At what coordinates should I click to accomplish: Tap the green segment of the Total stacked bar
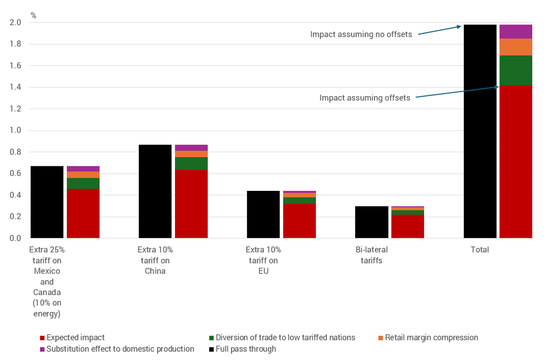(516, 70)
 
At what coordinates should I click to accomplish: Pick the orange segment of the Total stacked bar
(516, 47)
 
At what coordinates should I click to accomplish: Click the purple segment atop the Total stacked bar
(516, 31)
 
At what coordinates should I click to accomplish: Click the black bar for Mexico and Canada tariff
(47, 202)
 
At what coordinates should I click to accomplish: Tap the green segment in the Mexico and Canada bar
(83, 183)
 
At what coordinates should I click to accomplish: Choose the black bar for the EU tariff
(263, 214)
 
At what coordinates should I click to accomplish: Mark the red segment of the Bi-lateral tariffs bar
(408, 226)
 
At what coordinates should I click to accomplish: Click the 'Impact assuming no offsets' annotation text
(361, 35)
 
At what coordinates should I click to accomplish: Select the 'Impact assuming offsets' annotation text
(365, 98)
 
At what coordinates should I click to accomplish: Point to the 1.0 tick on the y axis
(15, 131)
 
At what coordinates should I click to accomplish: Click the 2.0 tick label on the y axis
(15, 23)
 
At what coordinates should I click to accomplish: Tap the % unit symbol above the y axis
(33, 15)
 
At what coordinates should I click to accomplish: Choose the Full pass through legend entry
(246, 349)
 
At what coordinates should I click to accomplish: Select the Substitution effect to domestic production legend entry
(120, 349)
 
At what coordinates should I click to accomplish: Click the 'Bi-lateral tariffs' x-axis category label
(372, 255)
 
